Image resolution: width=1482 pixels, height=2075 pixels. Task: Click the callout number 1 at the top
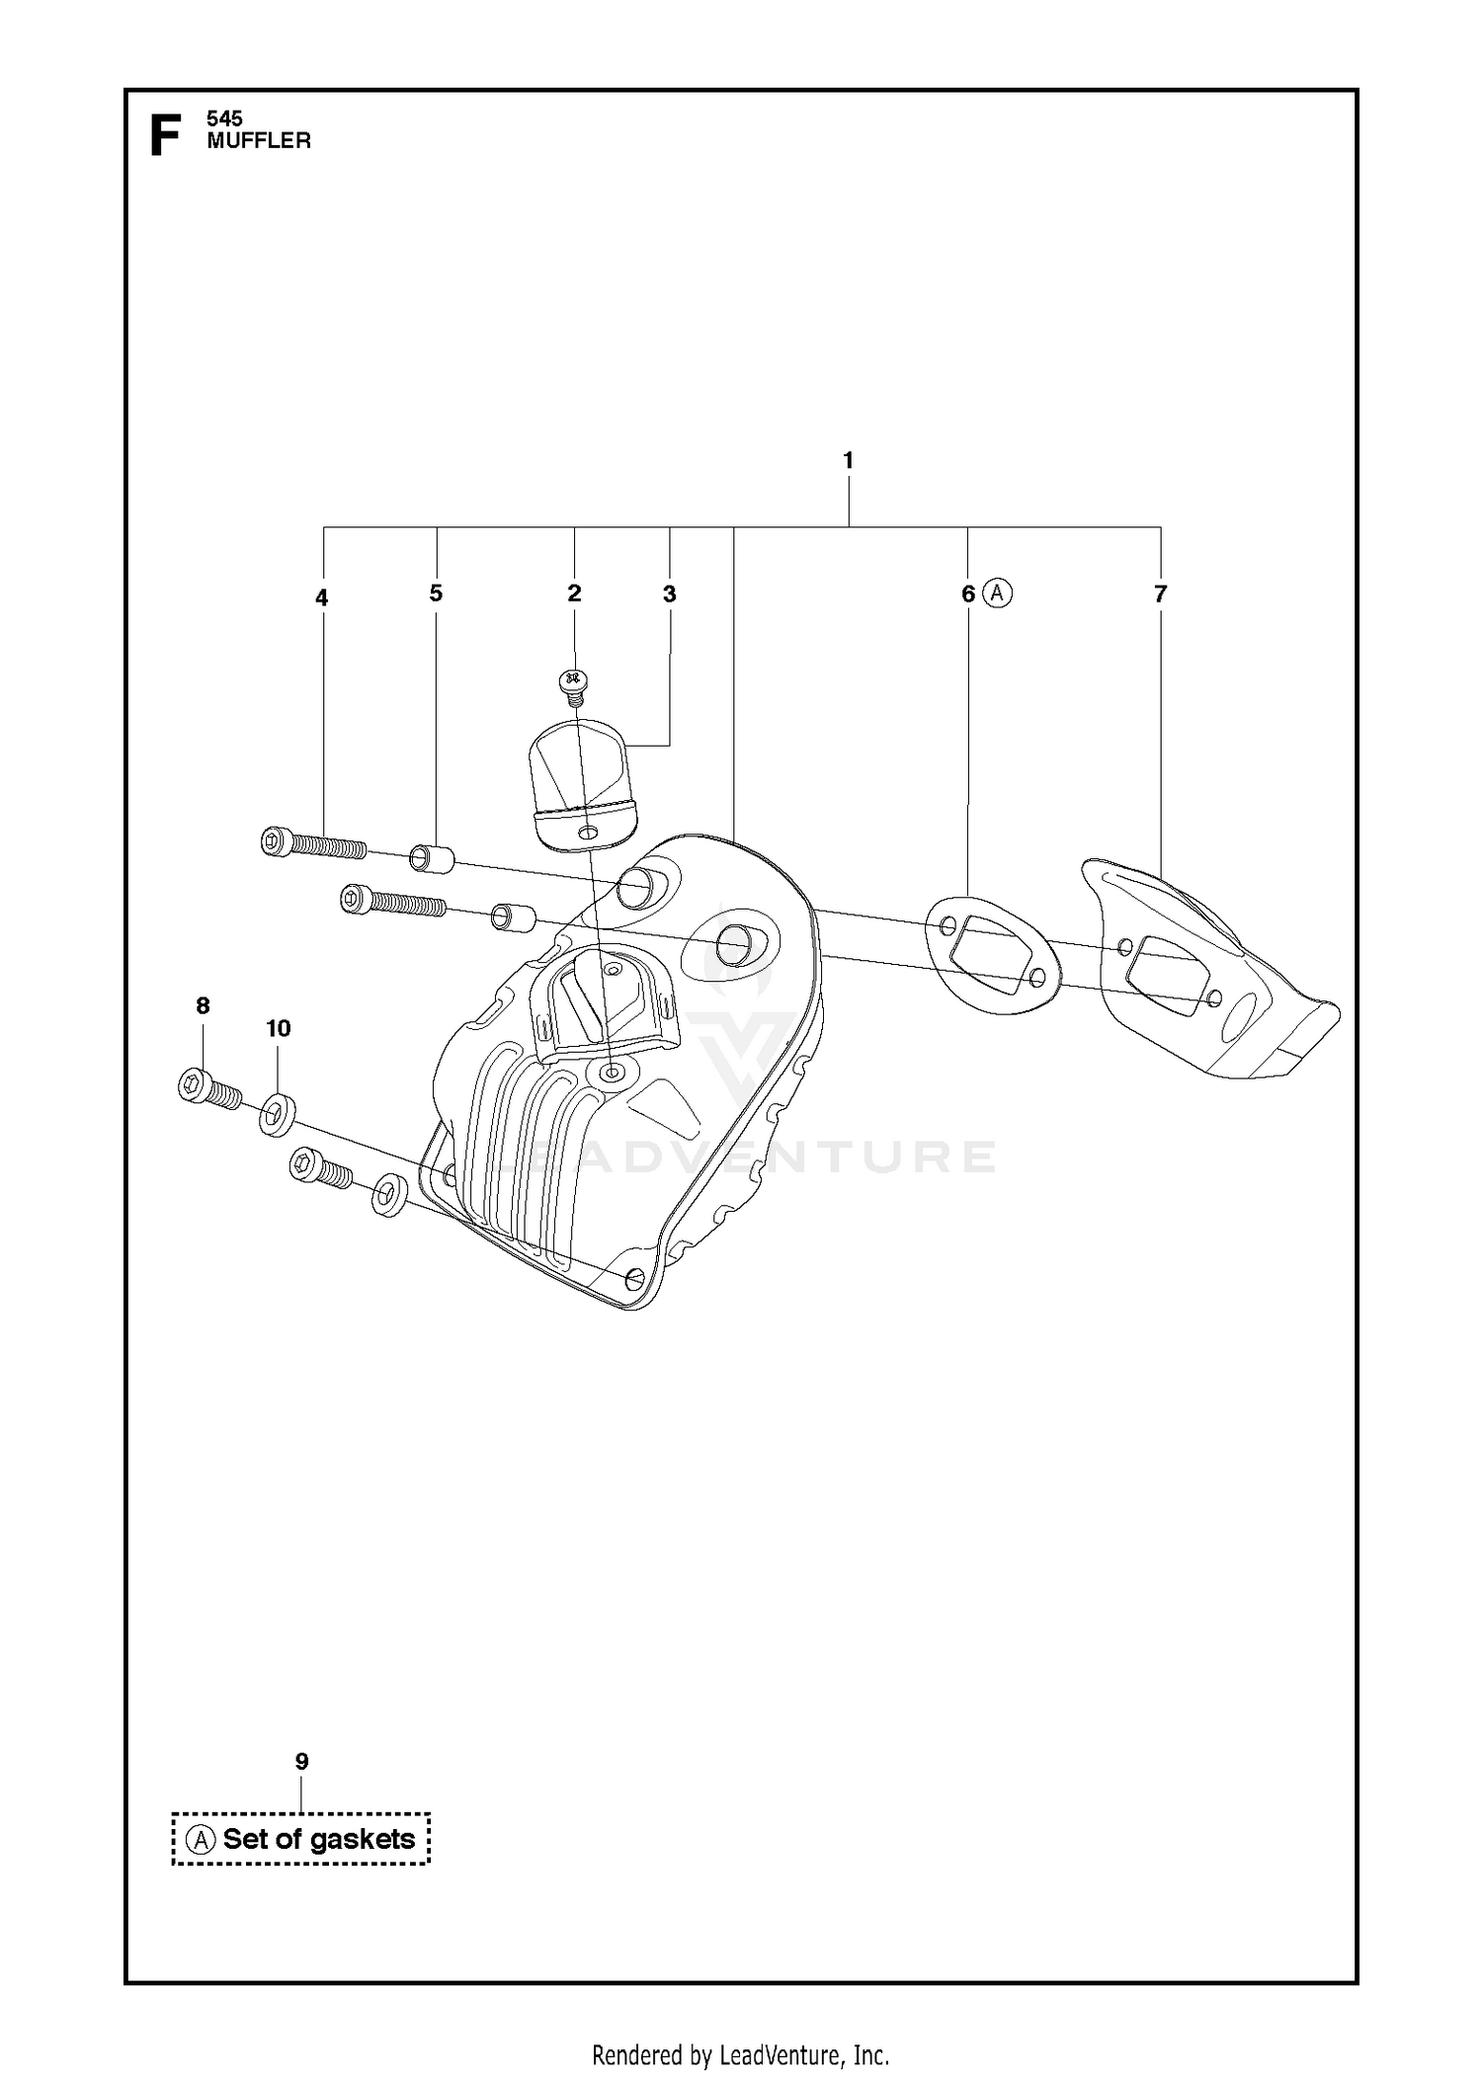(848, 460)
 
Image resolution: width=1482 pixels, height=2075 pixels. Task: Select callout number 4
(322, 598)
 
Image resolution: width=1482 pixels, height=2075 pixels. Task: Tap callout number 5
(436, 593)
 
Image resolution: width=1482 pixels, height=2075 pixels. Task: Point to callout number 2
(574, 593)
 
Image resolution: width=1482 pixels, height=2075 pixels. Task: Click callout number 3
(670, 594)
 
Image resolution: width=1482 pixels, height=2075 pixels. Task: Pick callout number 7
(1161, 594)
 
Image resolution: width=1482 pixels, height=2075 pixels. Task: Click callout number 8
(203, 1005)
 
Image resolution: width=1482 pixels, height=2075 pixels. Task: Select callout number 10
(279, 1028)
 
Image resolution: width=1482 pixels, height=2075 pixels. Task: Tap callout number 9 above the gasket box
(302, 1761)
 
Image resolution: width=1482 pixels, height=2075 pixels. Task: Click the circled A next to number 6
(998, 593)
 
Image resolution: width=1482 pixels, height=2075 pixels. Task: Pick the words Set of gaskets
(319, 1839)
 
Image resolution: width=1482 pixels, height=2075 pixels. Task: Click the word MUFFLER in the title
(259, 140)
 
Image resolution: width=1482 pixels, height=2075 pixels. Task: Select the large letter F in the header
(165, 135)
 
